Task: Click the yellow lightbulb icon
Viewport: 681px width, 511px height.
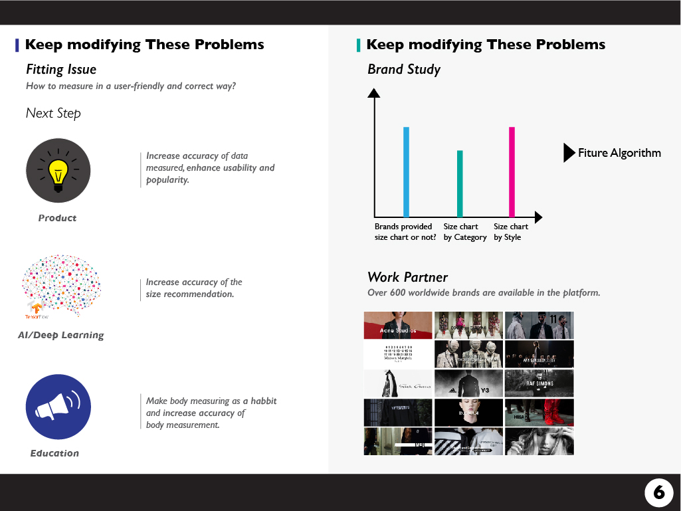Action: (58, 171)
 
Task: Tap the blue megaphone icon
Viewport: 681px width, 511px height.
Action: (58, 407)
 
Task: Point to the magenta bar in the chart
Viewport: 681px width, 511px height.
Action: (512, 171)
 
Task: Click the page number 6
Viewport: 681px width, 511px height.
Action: (658, 492)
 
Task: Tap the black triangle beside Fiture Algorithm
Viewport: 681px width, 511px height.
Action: (569, 153)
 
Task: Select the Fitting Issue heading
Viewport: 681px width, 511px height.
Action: (61, 69)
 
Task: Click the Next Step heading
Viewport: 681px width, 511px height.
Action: (53, 113)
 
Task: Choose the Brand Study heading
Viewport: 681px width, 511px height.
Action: (404, 69)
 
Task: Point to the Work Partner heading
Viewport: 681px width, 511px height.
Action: (407, 277)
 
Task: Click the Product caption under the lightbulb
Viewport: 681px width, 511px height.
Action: (57, 218)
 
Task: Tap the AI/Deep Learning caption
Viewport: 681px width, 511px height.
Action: (61, 335)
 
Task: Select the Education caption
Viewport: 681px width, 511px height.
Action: (54, 453)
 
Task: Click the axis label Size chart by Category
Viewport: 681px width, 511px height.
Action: (465, 232)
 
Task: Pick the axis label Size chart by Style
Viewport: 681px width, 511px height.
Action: (511, 232)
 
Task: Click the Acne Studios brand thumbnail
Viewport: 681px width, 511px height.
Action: (397, 326)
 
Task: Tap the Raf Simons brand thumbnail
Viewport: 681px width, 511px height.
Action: (539, 383)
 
